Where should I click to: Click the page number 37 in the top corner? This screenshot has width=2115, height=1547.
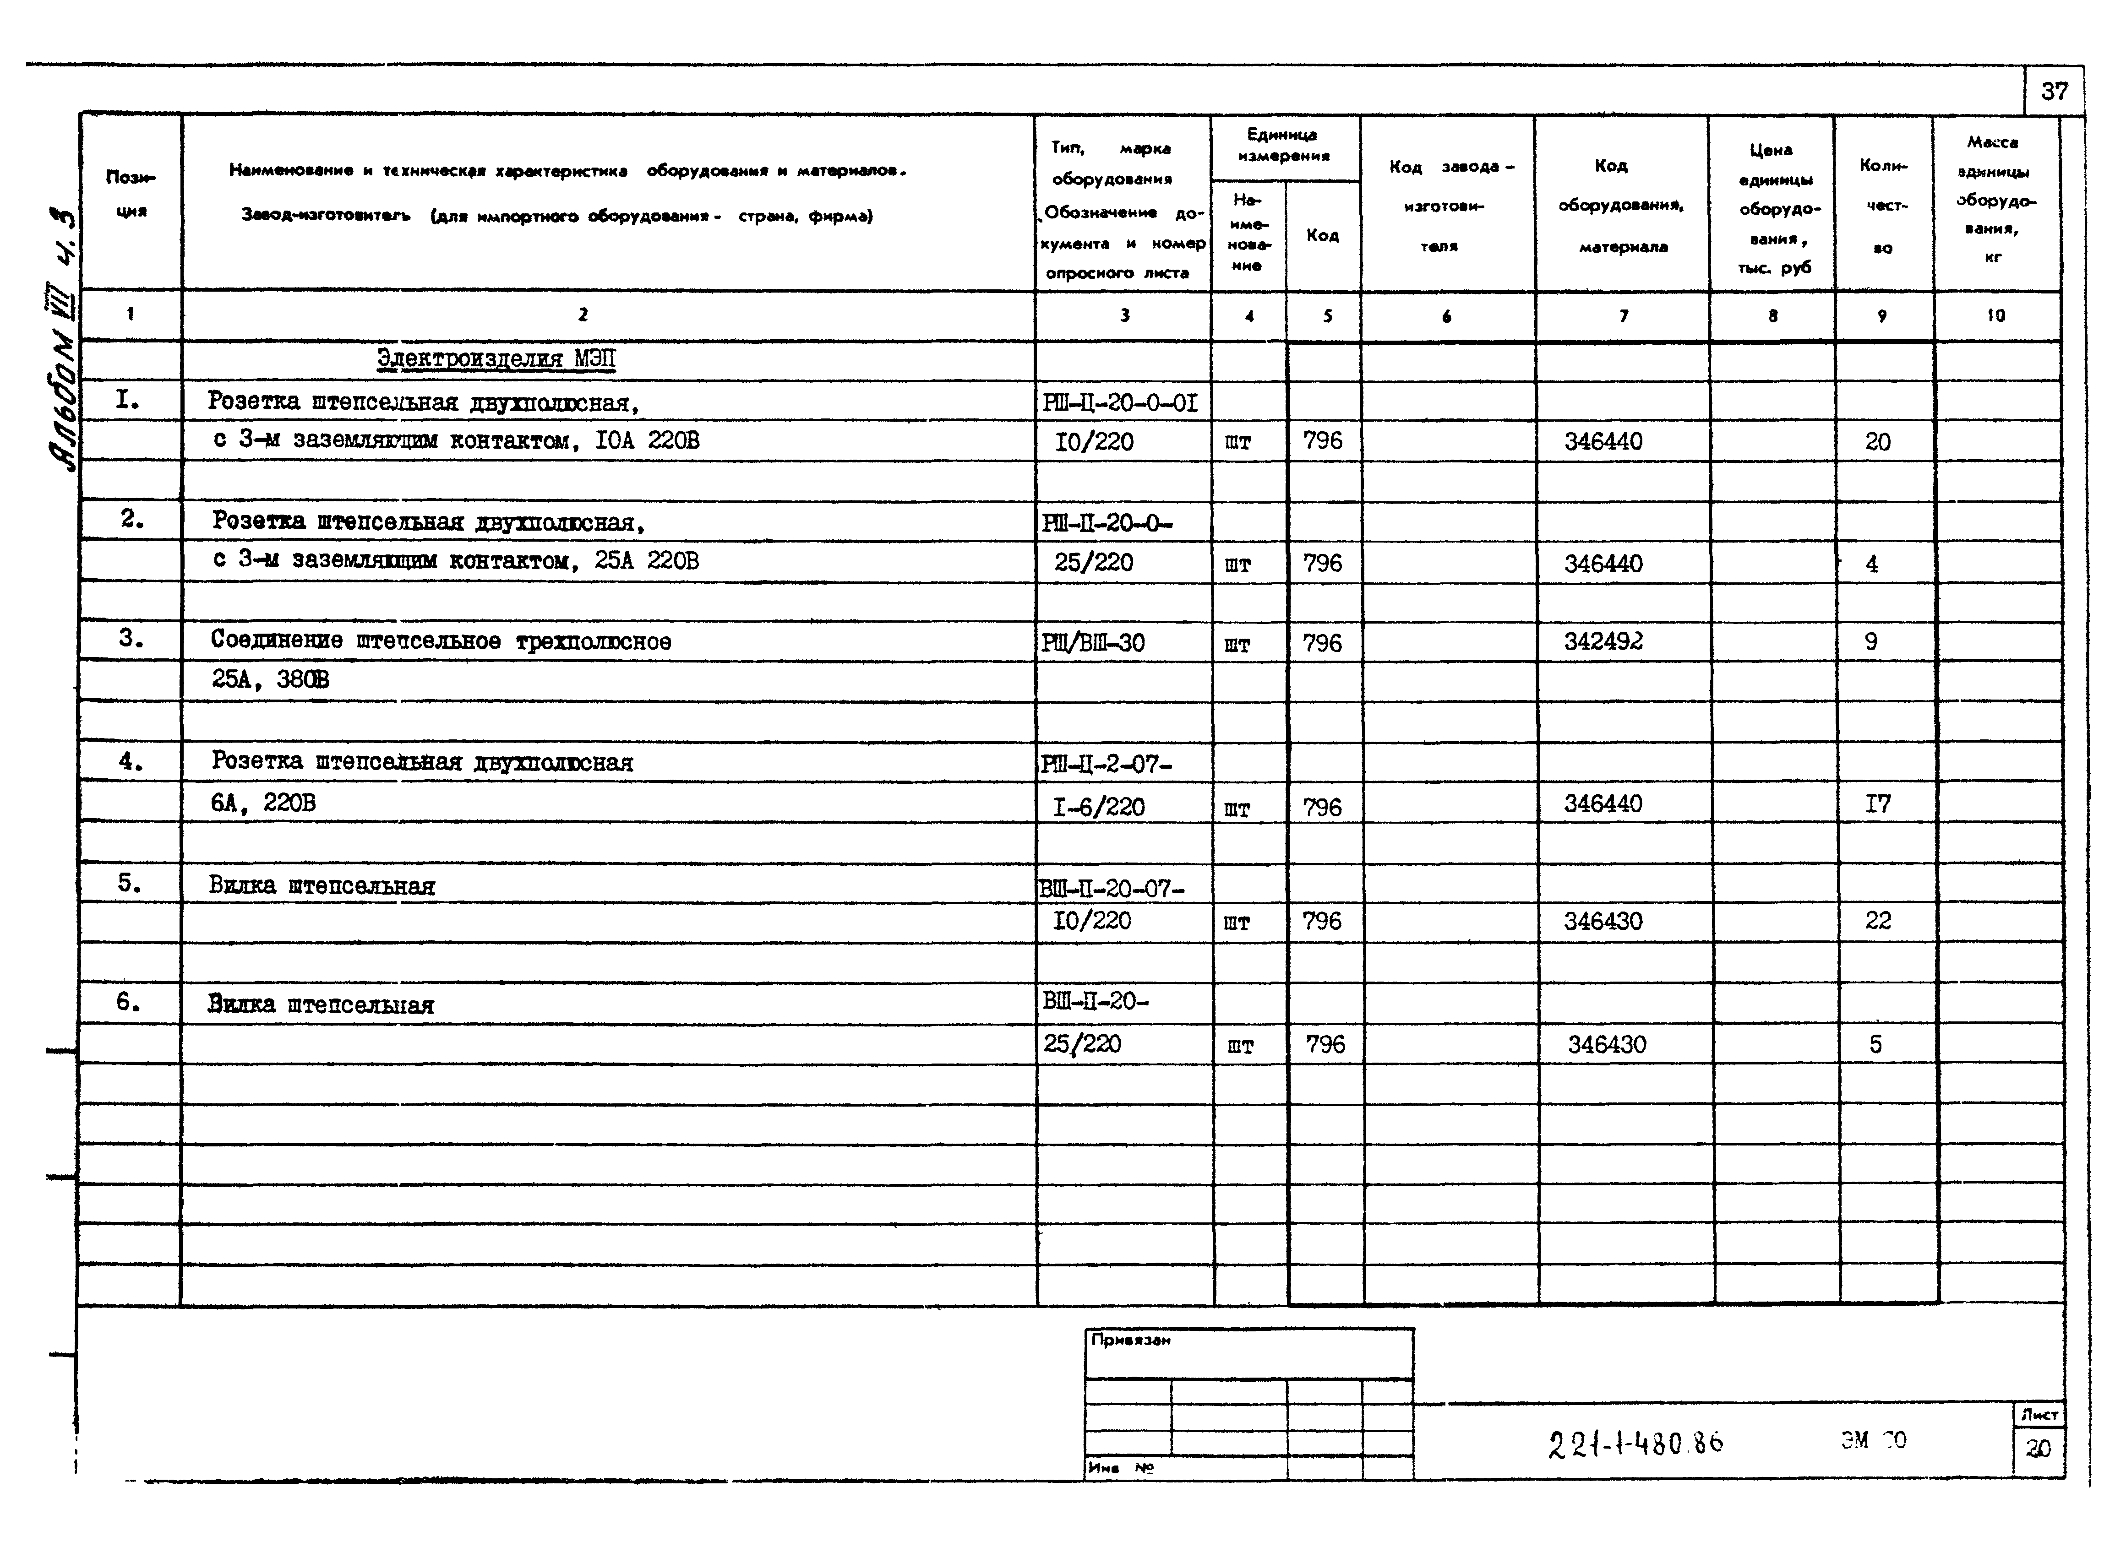coord(2054,92)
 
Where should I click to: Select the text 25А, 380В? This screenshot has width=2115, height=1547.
coord(270,680)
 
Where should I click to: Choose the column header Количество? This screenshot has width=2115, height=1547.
coord(1883,206)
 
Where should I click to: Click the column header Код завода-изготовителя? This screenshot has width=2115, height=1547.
coord(1447,206)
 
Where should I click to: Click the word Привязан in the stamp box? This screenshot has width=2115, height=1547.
coord(1131,1340)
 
